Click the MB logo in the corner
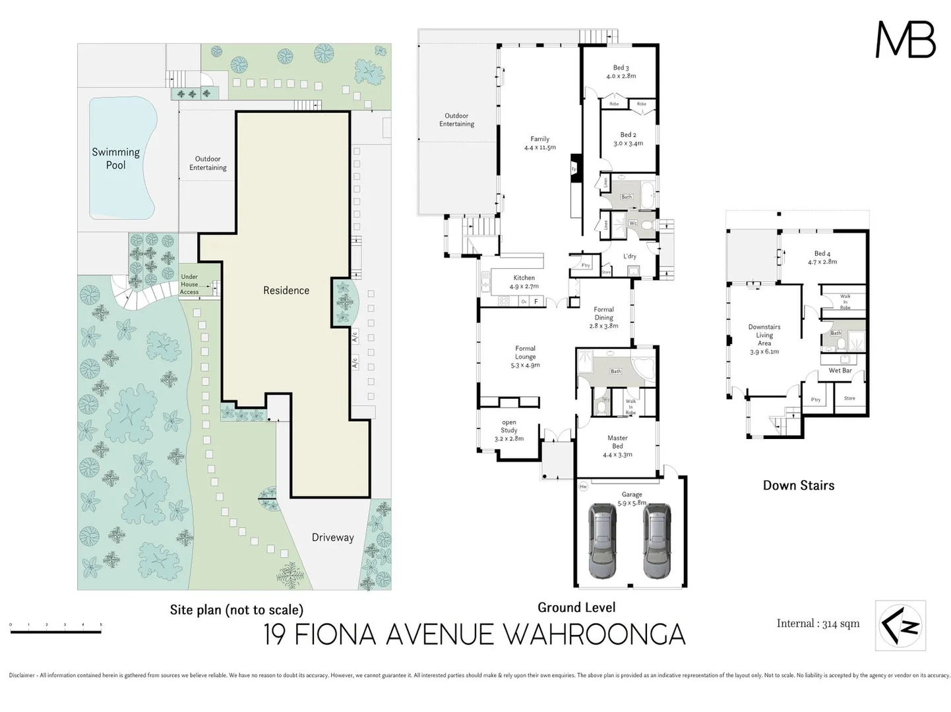pos(905,40)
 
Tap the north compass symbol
pos(900,626)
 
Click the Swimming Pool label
pos(116,158)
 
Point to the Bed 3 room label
pos(621,72)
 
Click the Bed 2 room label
pos(628,139)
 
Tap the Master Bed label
pos(617,446)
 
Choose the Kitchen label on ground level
pos(524,282)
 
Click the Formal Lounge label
pos(525,357)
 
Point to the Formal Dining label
pos(603,317)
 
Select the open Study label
pos(508,430)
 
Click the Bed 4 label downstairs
pos(822,257)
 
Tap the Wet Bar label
pos(840,371)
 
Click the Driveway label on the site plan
pos(332,537)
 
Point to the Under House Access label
pos(189,284)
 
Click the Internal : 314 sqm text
pos(818,624)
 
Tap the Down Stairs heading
pos(798,485)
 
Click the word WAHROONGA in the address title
pos(594,635)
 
